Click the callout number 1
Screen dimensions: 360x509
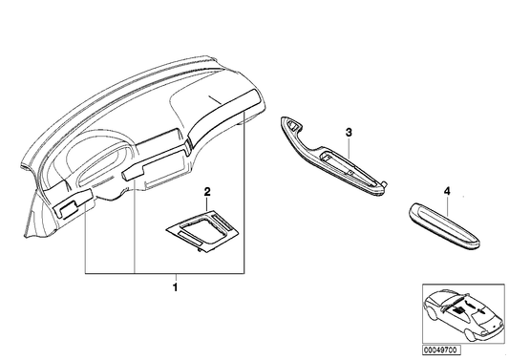(x=174, y=285)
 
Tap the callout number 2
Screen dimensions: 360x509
(x=207, y=192)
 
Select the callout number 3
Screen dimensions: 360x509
(x=350, y=130)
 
